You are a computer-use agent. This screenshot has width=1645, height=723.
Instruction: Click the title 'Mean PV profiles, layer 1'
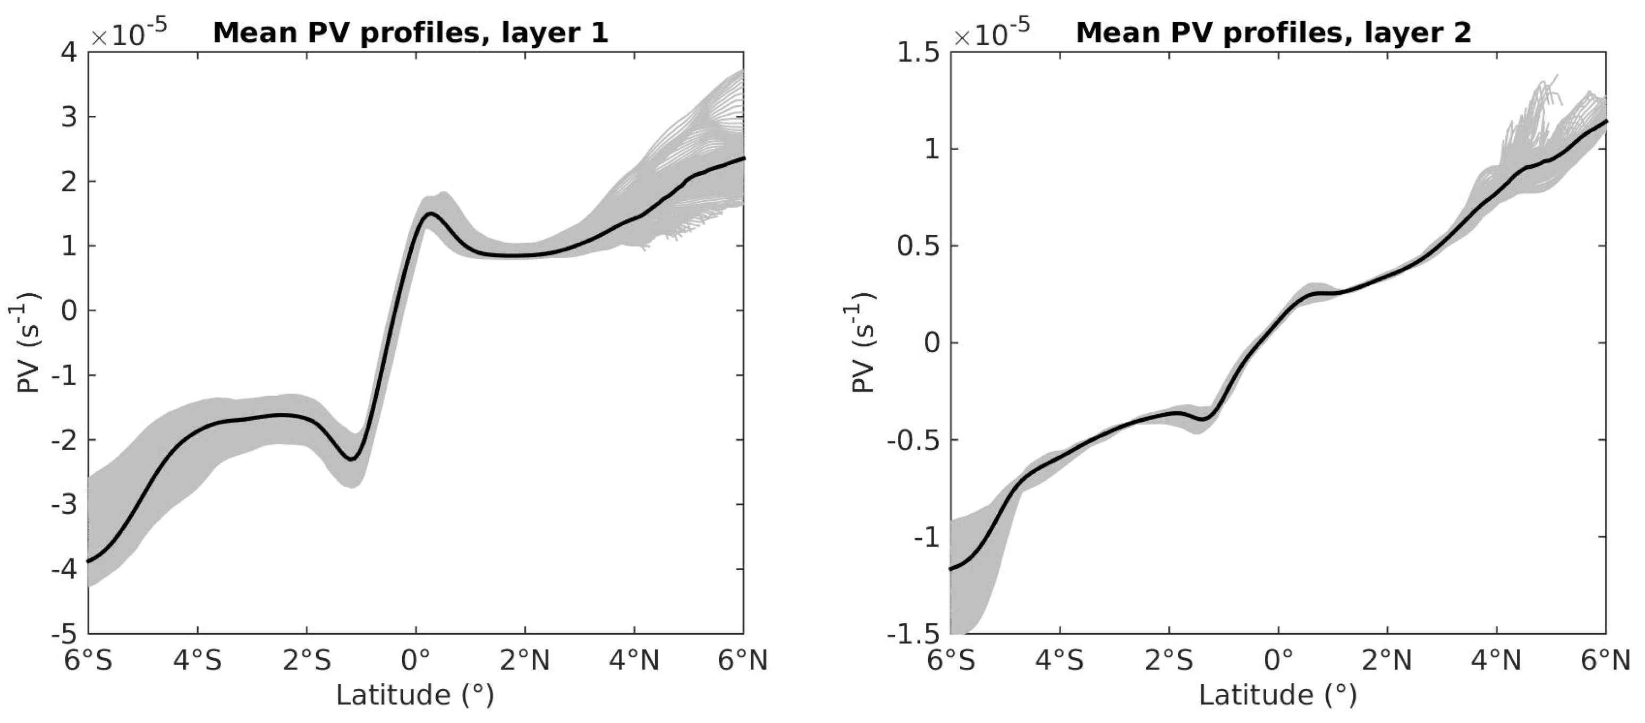[x=411, y=32]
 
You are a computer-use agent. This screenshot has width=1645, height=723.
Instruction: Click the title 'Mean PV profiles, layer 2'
[x=1274, y=32]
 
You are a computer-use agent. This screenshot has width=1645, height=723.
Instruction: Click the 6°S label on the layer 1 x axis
[x=88, y=660]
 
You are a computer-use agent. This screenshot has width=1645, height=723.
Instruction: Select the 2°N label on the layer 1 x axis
[x=525, y=660]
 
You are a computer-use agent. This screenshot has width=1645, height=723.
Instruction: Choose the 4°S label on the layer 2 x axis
[x=1059, y=660]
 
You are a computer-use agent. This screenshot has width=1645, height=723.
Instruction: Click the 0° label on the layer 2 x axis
[x=1278, y=660]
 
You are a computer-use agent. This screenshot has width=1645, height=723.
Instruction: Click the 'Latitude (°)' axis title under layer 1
[x=415, y=695]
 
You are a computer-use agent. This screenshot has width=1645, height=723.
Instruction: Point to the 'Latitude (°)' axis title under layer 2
[x=1278, y=695]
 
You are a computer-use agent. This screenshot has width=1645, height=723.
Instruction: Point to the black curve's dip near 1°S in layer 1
[x=352, y=458]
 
